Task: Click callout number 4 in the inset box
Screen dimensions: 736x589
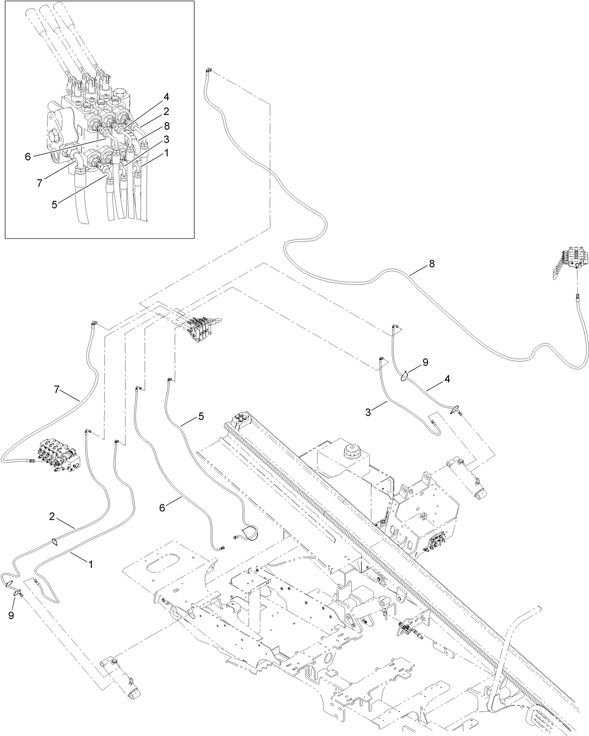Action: coord(166,97)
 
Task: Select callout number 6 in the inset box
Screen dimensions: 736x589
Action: coord(28,157)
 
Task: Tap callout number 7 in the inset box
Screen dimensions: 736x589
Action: coord(40,183)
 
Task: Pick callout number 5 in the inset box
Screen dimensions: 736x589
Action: coord(55,205)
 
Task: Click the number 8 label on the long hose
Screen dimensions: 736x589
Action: coord(431,264)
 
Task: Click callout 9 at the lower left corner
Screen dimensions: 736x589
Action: coord(11,615)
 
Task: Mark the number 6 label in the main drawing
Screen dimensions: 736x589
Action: coord(162,507)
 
